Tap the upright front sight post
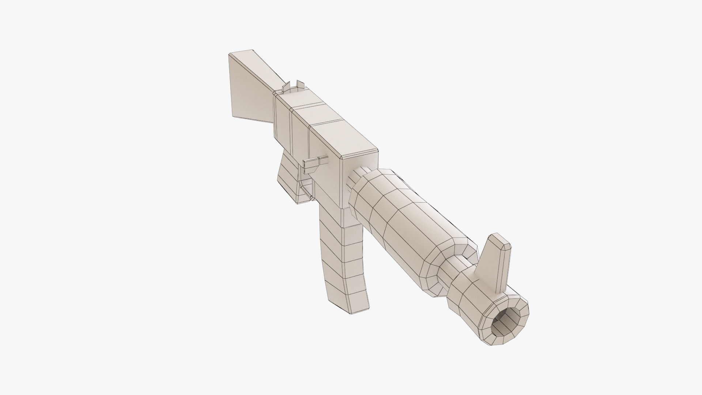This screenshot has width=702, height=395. [492, 263]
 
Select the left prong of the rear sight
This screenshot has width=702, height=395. [287, 87]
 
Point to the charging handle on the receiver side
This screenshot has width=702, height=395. [314, 161]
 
